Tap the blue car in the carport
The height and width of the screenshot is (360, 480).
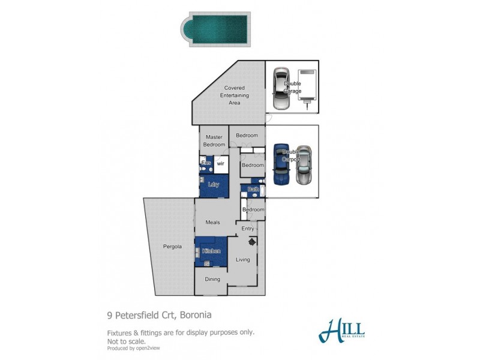click(281, 164)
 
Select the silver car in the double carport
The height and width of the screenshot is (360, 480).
click(305, 166)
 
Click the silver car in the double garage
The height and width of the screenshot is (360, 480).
click(280, 90)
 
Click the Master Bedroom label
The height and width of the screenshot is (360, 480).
click(214, 141)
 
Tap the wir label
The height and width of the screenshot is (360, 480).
click(220, 163)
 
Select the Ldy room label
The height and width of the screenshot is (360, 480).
click(213, 185)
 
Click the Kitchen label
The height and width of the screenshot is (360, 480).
click(211, 251)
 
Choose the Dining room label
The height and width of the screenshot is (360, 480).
click(213, 279)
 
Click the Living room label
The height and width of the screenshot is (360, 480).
click(242, 260)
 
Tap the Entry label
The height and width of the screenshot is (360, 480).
click(248, 229)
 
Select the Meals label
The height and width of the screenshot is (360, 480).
click(212, 222)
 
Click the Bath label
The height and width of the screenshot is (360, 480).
click(253, 190)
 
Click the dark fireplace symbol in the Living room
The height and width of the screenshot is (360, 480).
click(253, 241)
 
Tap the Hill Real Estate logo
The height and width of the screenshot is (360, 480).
click(342, 329)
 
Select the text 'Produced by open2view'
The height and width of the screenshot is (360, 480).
click(133, 347)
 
